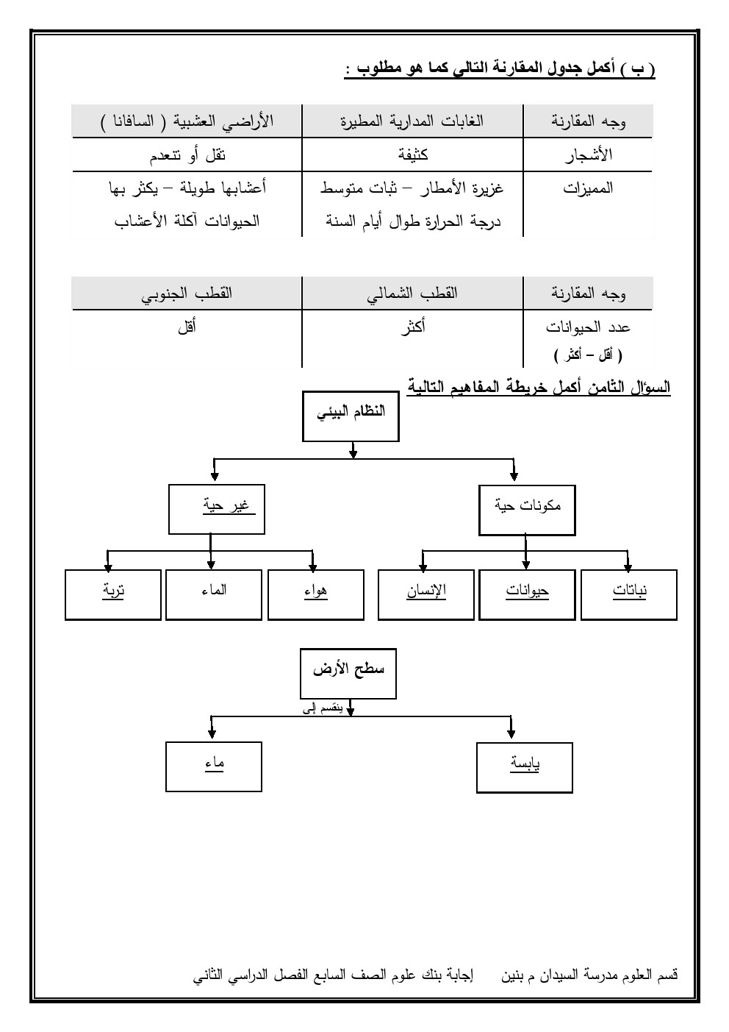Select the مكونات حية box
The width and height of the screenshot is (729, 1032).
pos(526,509)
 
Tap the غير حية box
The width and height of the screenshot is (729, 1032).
pos(216,508)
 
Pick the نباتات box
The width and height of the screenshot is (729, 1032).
pos(628,594)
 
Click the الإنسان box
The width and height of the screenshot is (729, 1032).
pos(425,594)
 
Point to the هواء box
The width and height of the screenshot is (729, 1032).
pos(315,594)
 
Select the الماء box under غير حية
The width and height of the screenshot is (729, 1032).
pos(213,594)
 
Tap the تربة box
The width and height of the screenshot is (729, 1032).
pos(112,594)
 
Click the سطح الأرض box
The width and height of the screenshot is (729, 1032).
pos(348,673)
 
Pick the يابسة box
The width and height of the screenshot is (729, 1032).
pos(524,767)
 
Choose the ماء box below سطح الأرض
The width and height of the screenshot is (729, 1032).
pos(214,766)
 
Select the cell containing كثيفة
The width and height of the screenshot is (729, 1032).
pos(412,155)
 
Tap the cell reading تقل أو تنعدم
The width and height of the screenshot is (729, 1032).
pos(187,155)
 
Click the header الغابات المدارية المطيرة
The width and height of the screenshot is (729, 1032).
pos(412,121)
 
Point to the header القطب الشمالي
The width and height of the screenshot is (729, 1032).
pos(412,293)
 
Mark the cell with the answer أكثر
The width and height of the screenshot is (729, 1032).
pos(412,327)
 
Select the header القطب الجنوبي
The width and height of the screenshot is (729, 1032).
pos(187,293)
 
